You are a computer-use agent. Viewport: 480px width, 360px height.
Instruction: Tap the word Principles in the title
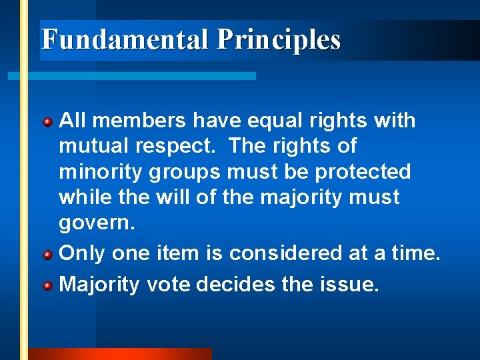[278, 40]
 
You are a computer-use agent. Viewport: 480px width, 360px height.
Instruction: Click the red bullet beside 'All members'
[48, 122]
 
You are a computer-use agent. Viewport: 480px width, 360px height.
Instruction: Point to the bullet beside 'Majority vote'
[48, 286]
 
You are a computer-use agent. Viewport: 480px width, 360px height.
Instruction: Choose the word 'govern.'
[97, 223]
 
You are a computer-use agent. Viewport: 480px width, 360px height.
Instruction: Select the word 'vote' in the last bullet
[168, 285]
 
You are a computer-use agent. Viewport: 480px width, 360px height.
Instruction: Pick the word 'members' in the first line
[135, 121]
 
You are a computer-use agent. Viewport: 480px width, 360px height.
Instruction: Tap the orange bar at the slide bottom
[120, 354]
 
